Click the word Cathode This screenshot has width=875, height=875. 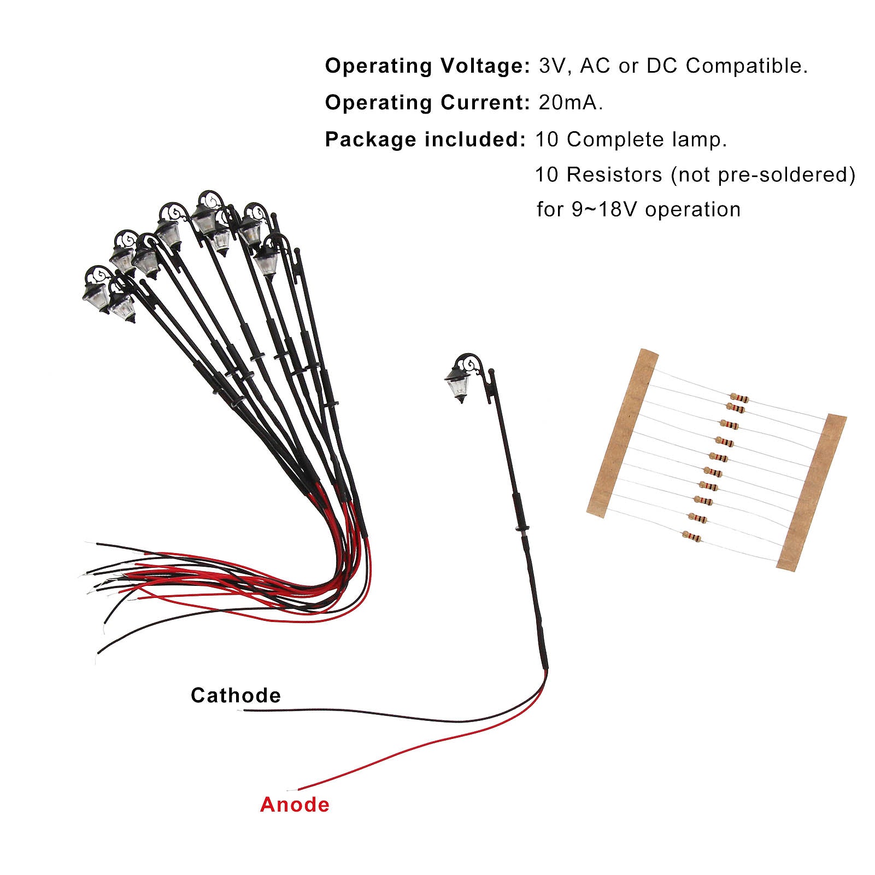(x=236, y=695)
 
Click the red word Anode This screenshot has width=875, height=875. (x=295, y=804)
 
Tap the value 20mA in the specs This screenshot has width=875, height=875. (x=570, y=102)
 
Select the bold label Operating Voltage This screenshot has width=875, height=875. (x=427, y=66)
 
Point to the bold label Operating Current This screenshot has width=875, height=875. (x=427, y=102)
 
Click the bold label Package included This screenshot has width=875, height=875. (x=425, y=139)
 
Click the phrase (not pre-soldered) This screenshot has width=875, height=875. (x=763, y=175)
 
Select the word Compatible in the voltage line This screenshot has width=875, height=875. (x=746, y=66)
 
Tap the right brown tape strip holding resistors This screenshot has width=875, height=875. (x=811, y=492)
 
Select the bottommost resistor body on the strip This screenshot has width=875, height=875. (x=692, y=537)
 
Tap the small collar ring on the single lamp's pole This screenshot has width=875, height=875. (x=522, y=529)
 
